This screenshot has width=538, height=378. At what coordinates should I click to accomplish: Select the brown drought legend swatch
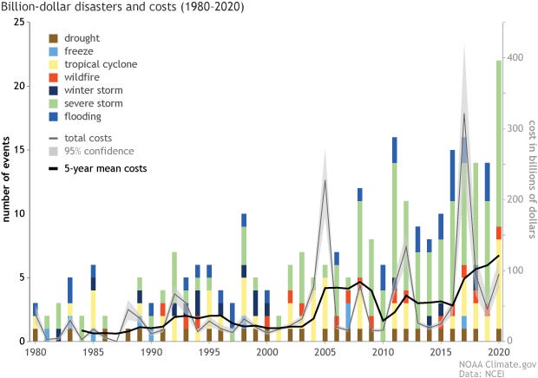pyautogui.click(x=54, y=39)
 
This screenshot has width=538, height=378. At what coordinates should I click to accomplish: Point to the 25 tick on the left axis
pyautogui.click(x=17, y=22)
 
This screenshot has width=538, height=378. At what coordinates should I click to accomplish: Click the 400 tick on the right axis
pyautogui.click(x=517, y=57)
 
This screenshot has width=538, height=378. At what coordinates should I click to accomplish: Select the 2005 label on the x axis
pyautogui.click(x=325, y=353)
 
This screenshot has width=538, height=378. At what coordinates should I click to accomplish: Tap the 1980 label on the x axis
pyautogui.click(x=35, y=353)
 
